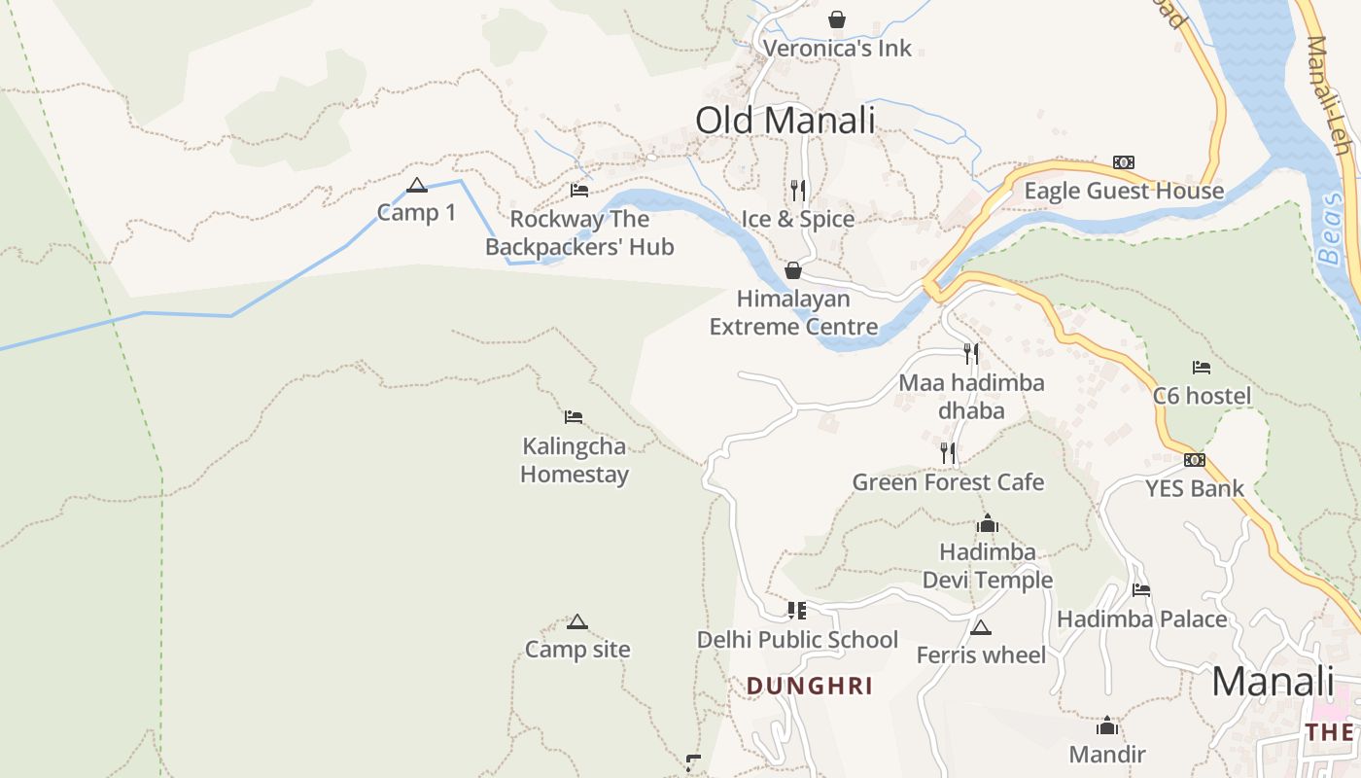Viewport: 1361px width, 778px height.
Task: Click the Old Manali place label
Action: pyautogui.click(x=785, y=121)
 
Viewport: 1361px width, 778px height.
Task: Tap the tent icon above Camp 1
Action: pyautogui.click(x=417, y=185)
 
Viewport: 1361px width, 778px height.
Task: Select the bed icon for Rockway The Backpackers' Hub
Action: pyautogui.click(x=579, y=191)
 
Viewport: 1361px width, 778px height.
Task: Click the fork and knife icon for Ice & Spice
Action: pyautogui.click(x=798, y=190)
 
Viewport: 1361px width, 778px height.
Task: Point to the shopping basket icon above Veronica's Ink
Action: pyautogui.click(x=836, y=19)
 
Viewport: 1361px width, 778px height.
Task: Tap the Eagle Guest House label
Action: pyautogui.click(x=1124, y=191)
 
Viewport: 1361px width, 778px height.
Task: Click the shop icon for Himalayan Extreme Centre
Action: pyautogui.click(x=793, y=270)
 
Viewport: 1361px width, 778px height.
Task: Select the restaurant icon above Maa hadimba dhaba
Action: pyautogui.click(x=970, y=353)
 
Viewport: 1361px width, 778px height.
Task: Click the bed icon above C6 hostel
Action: pyautogui.click(x=1202, y=368)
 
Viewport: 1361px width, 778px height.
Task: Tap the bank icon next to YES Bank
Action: pyautogui.click(x=1195, y=460)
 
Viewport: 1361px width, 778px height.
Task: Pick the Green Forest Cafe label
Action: pyautogui.click(x=948, y=482)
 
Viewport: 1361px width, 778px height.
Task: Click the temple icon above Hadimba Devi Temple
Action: pyautogui.click(x=988, y=524)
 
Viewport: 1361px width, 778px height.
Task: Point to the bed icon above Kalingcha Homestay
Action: pyautogui.click(x=574, y=417)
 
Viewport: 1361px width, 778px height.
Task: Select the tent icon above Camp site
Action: pyautogui.click(x=577, y=622)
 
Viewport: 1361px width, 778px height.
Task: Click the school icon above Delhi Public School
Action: pyautogui.click(x=797, y=611)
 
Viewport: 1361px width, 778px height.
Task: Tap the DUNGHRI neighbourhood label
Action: pyautogui.click(x=809, y=687)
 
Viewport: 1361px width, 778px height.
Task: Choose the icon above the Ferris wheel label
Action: pyautogui.click(x=980, y=628)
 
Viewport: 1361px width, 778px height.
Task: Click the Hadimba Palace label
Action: pyautogui.click(x=1141, y=619)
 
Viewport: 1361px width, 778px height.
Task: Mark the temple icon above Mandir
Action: pyautogui.click(x=1106, y=726)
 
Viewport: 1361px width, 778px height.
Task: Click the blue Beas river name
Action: pyautogui.click(x=1331, y=229)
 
